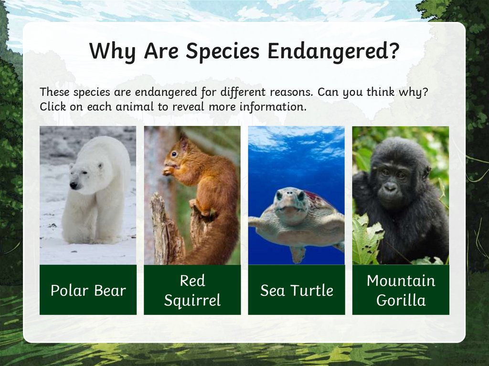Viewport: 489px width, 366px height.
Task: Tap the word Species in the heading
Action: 224,52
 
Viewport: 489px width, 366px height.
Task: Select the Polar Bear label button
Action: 88,290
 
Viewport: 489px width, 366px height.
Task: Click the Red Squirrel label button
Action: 192,290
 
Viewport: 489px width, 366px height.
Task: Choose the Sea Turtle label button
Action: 296,290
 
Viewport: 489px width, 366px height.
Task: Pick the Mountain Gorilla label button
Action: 401,290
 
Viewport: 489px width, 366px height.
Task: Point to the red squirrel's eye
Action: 174,154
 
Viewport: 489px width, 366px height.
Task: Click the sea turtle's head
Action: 290,203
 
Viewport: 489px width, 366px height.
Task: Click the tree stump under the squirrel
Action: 165,229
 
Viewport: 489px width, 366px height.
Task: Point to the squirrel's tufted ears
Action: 183,139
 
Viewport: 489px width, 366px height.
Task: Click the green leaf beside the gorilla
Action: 365,239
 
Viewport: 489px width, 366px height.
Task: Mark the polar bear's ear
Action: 101,166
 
